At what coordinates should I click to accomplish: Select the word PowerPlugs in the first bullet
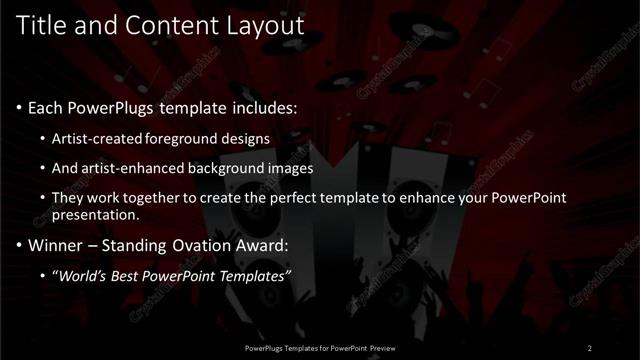click(x=118, y=107)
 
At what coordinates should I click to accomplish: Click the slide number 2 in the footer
click(x=590, y=347)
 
